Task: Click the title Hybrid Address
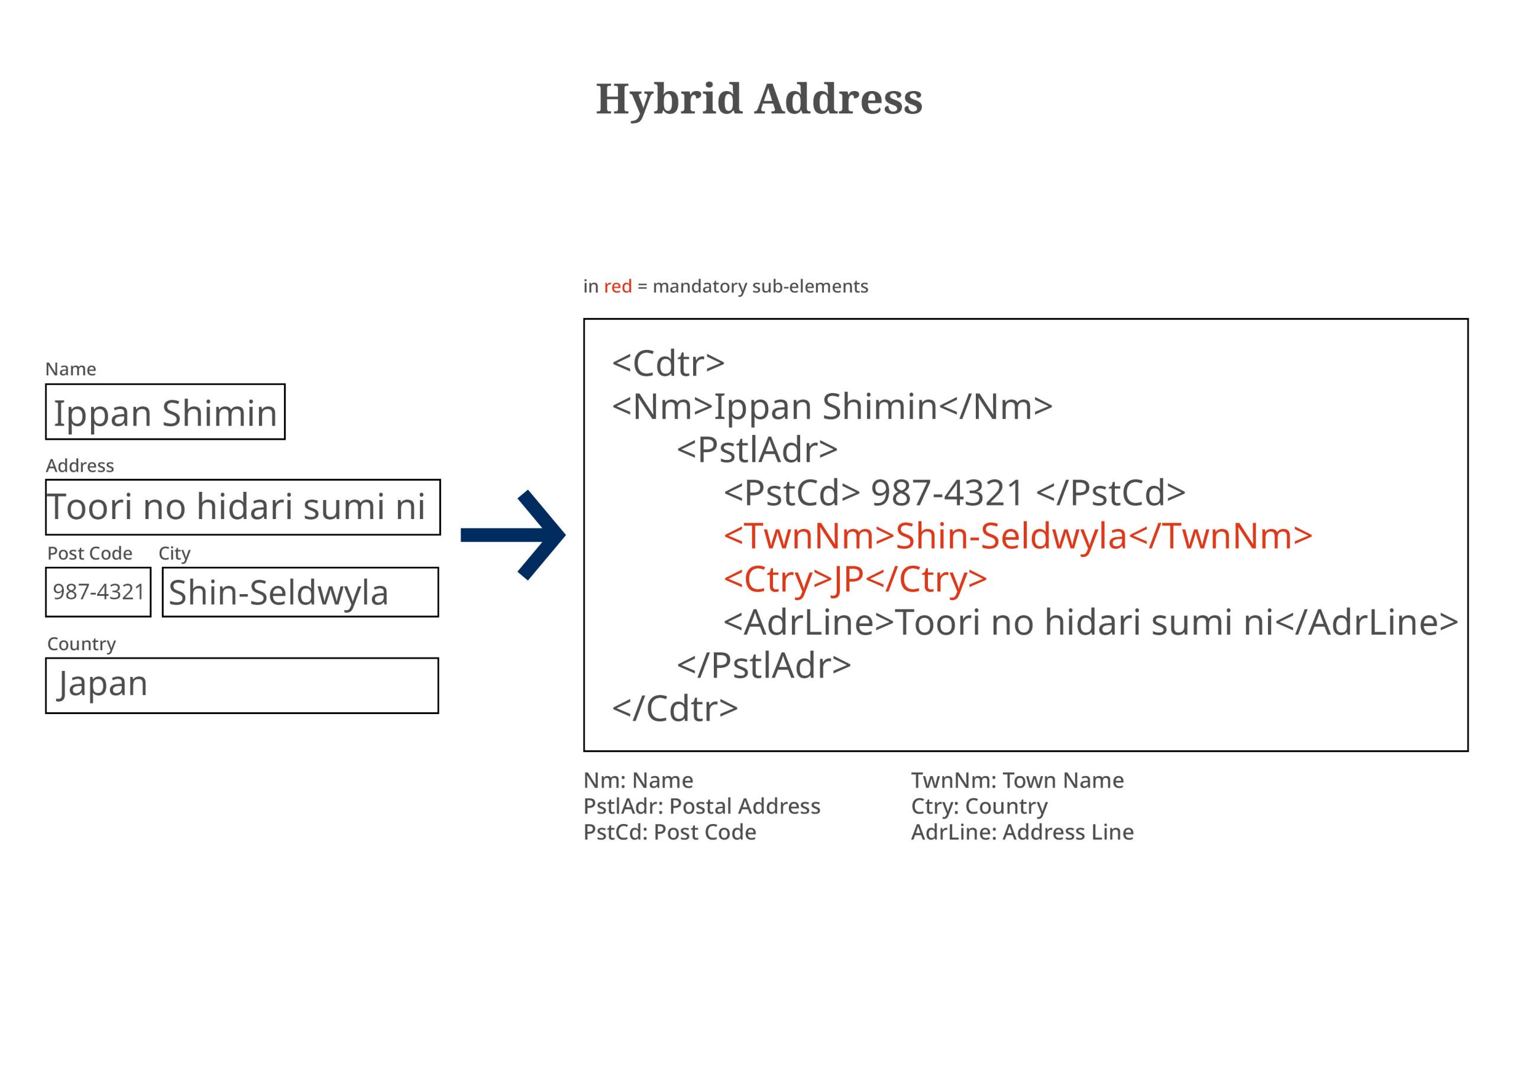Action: coord(759,99)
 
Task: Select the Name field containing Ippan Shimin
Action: coord(165,412)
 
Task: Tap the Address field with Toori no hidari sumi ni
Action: coord(242,507)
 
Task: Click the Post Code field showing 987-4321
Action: coord(98,592)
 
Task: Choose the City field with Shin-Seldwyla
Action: coord(300,592)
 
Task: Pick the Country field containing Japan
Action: coord(242,686)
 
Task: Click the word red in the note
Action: coord(618,287)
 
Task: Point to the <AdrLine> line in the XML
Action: coord(1091,622)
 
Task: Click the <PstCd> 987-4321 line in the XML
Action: coord(955,493)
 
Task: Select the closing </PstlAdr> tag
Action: coord(764,665)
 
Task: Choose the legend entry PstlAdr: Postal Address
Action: coord(701,806)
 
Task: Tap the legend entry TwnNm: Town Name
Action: coord(1017,780)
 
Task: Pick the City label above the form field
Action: coord(174,554)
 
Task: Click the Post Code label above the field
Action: coord(90,553)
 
